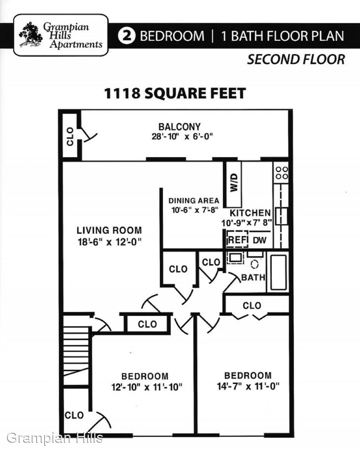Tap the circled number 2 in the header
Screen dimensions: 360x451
tap(127, 36)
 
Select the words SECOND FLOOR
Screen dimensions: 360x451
tap(296, 60)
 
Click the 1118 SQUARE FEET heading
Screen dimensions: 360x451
tap(175, 93)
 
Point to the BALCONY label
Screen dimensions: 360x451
tap(179, 127)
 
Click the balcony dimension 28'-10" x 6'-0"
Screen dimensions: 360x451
tap(182, 136)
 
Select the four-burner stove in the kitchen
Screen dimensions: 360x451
tap(282, 173)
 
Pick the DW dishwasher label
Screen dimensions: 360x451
tap(260, 240)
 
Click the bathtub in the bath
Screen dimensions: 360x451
tap(278, 272)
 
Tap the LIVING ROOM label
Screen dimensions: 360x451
tap(109, 230)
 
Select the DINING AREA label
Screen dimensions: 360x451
tap(194, 200)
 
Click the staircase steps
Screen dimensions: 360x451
tap(76, 355)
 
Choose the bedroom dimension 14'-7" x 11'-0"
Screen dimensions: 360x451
tap(248, 386)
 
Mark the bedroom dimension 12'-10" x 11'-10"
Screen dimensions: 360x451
tap(147, 387)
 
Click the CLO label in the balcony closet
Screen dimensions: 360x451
tap(70, 137)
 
